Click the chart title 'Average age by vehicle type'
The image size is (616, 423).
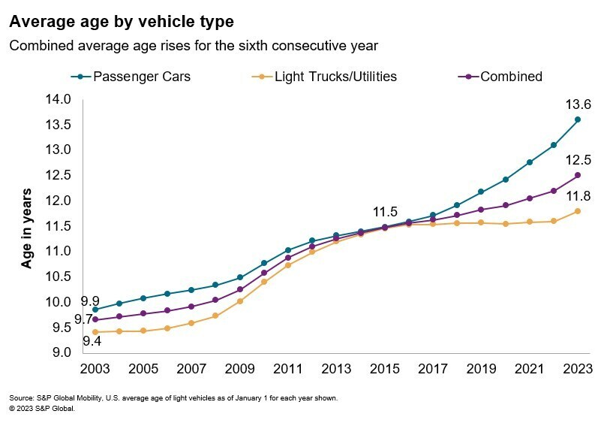point(121,20)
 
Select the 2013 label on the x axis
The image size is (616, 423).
point(335,370)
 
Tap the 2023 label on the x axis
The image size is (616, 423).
point(577,370)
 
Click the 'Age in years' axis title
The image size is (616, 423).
point(26,228)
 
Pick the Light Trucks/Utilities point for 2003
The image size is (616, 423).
point(95,332)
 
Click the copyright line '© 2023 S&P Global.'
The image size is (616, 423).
point(42,409)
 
